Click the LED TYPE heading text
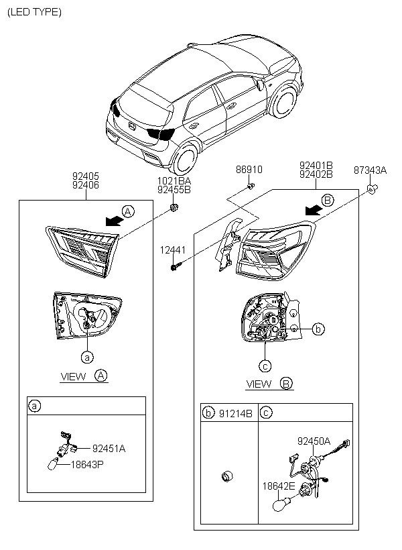tap(34, 12)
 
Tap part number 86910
tap(249, 170)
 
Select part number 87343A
tap(370, 170)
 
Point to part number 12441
tap(173, 250)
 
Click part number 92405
tap(86, 176)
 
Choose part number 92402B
tap(316, 174)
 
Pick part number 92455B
tap(174, 190)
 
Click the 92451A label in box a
tap(109, 449)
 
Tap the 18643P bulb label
tap(87, 465)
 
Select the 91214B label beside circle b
tap(236, 414)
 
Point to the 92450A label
tap(314, 441)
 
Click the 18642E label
tap(279, 486)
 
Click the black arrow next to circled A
tap(115, 221)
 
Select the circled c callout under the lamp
tap(265, 366)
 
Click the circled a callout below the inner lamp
tap(87, 357)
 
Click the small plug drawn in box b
tap(227, 476)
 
